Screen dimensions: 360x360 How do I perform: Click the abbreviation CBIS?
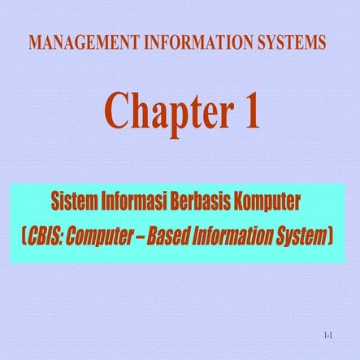click(46, 236)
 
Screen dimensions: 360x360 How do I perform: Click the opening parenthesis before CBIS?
click(24, 237)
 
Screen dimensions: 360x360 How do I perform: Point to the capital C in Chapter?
click(119, 111)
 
